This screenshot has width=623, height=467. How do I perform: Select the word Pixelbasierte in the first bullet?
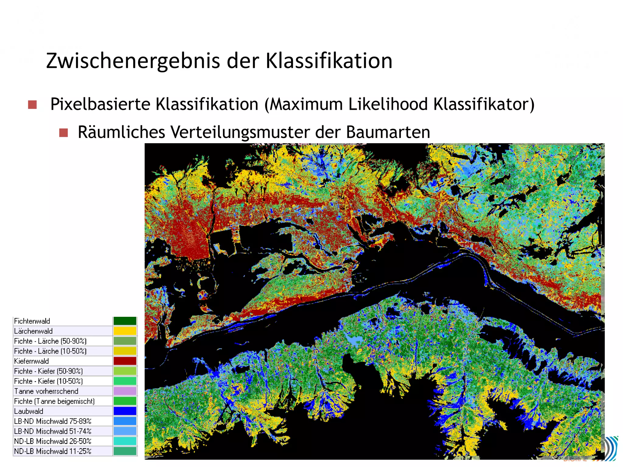[x=100, y=104]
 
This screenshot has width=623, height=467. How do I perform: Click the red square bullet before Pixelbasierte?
[x=32, y=105]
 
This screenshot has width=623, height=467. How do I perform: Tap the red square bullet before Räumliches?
[x=64, y=133]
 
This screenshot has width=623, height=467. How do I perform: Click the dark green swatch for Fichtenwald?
[x=125, y=321]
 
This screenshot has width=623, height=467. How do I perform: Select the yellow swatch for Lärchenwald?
[x=125, y=331]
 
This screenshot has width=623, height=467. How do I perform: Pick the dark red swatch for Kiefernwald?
[x=125, y=361]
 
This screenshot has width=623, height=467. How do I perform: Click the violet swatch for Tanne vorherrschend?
[x=125, y=391]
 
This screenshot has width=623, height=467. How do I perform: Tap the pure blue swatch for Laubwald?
[x=125, y=411]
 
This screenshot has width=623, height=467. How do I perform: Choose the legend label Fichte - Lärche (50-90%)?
[x=50, y=341]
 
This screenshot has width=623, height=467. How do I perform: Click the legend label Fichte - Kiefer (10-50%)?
[x=48, y=381]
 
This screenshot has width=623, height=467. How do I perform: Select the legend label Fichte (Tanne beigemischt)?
[x=54, y=401]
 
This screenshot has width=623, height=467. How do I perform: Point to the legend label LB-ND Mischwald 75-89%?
[x=53, y=421]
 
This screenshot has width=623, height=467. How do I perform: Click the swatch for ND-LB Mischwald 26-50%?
[x=125, y=441]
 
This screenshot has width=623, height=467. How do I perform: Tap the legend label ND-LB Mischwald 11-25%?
[x=53, y=451]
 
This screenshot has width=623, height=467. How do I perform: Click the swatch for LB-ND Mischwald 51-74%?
[x=125, y=431]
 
